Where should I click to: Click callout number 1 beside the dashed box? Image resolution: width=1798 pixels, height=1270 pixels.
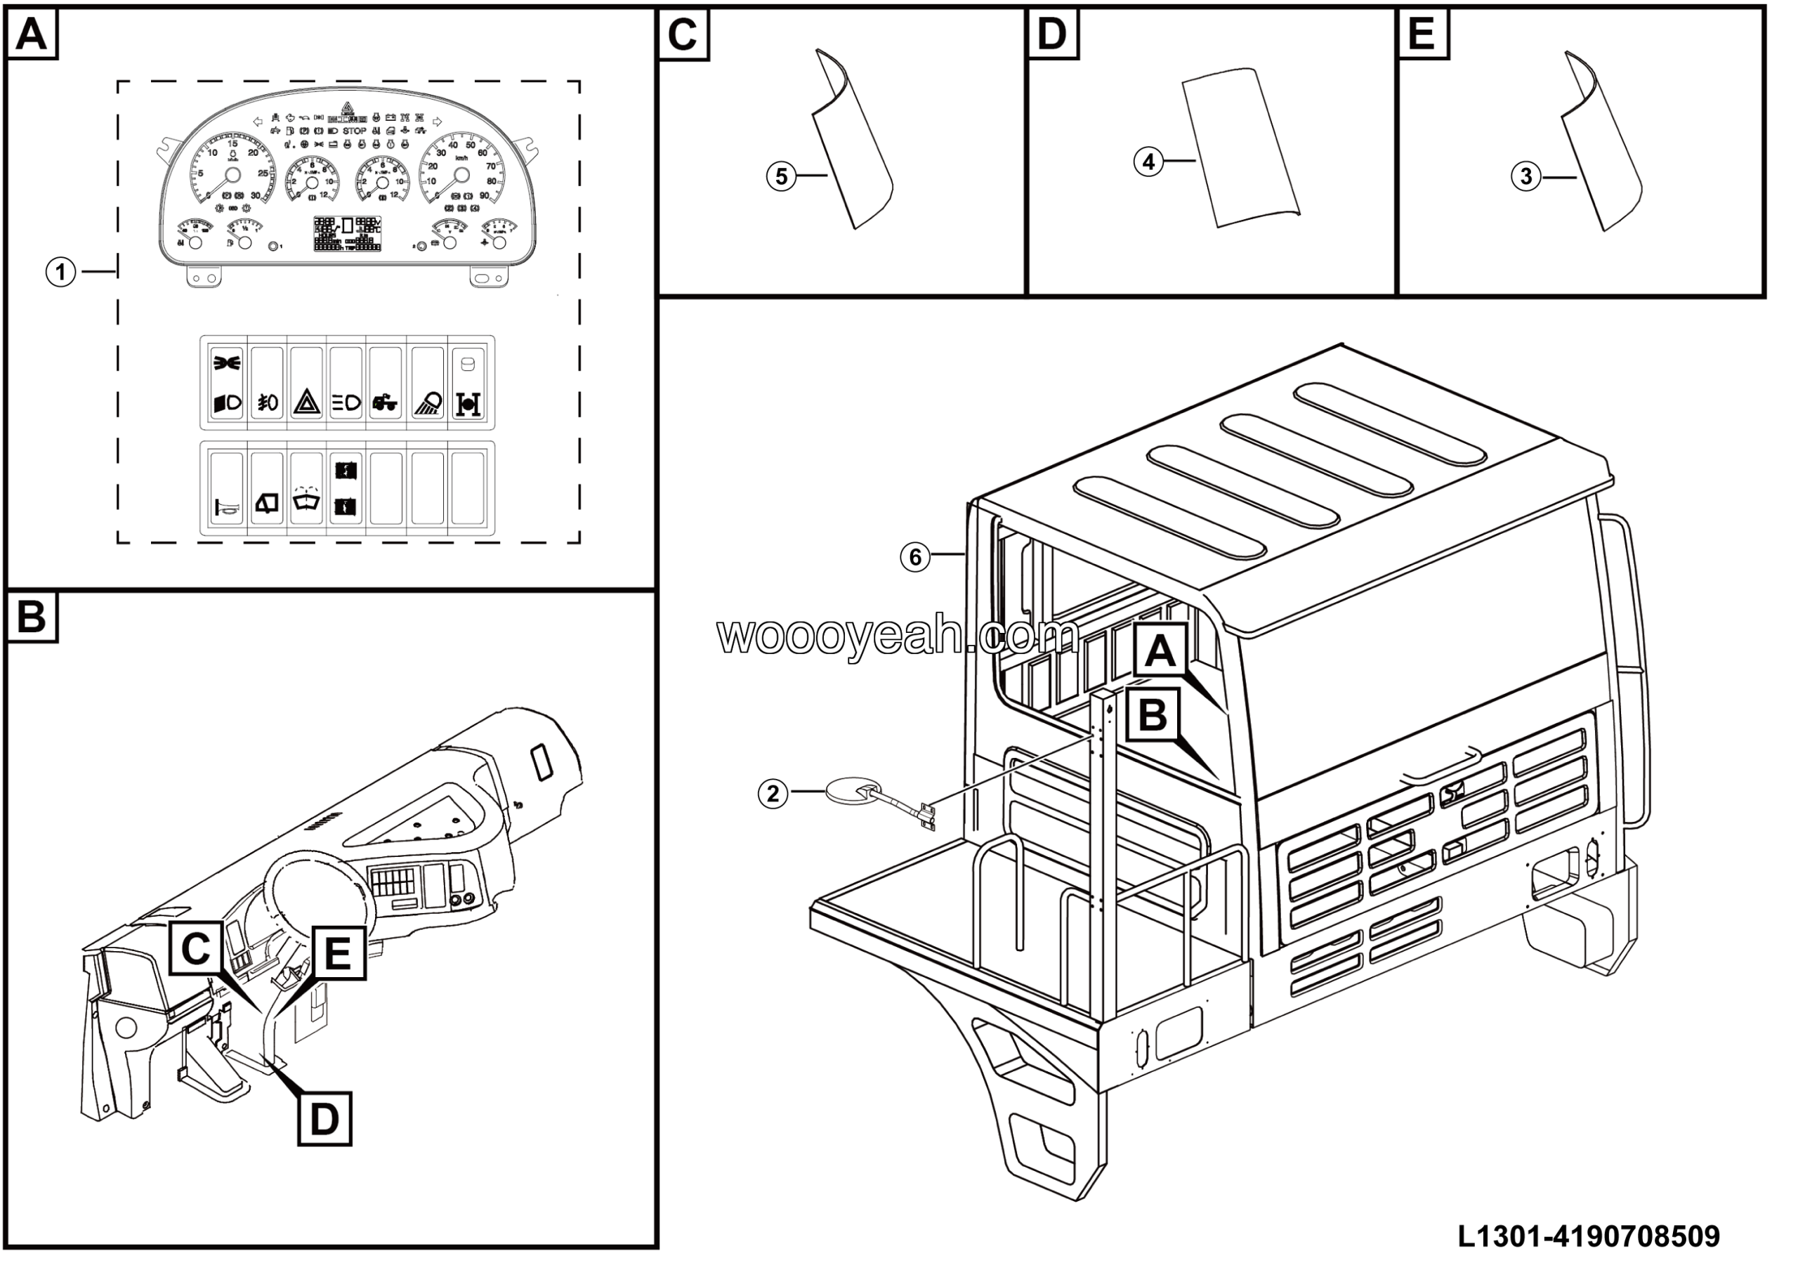coord(60,273)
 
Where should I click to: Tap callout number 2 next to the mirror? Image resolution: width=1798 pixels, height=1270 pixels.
coord(773,794)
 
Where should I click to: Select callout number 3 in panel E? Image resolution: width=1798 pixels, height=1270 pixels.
coord(1525,177)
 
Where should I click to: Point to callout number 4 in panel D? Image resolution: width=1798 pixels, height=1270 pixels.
coord(1148,162)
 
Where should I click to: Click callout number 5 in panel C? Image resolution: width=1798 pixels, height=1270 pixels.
coord(781,176)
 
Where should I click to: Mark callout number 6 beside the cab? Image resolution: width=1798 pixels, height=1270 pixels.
coord(914,558)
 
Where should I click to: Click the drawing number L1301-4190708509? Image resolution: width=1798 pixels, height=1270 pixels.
coord(1589,1237)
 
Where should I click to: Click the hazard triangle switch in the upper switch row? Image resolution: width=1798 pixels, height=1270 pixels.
coord(307,403)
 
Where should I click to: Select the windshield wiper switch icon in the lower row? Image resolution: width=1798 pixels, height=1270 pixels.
coord(306,499)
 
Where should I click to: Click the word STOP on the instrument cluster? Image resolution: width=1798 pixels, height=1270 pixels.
coord(355,131)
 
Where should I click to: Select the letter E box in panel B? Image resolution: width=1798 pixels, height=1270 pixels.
coord(338,953)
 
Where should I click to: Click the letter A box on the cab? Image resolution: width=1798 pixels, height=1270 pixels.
coord(1160,650)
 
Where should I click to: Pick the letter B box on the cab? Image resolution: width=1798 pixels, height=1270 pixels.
coord(1152,715)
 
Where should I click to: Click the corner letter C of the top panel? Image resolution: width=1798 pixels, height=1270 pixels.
coord(683,35)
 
